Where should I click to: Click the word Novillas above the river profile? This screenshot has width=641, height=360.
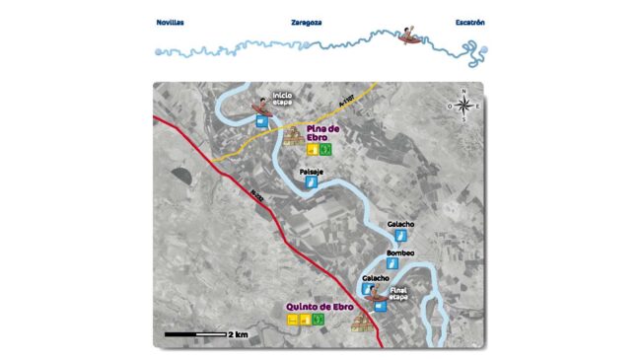pos(171,21)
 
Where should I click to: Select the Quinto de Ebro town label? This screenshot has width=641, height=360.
pos(319,308)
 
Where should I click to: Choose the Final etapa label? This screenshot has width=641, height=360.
pos(399,293)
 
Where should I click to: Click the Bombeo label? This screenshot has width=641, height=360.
pos(401,253)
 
